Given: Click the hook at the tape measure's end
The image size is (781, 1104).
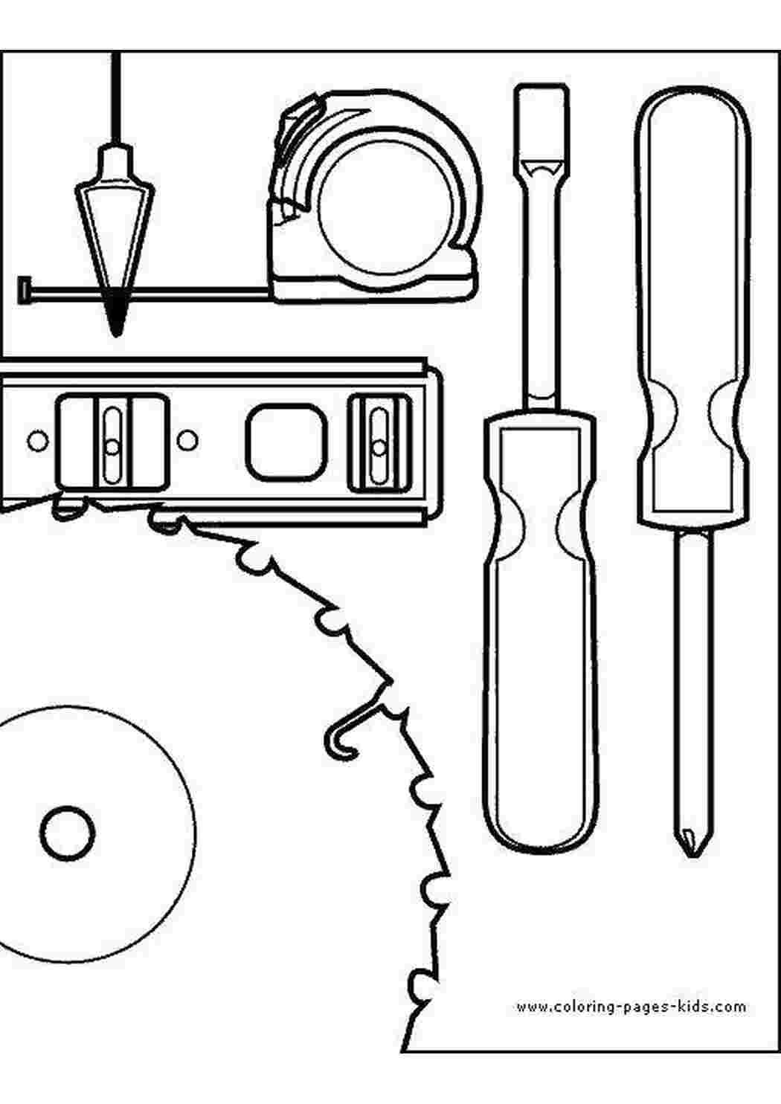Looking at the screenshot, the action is click(x=22, y=290).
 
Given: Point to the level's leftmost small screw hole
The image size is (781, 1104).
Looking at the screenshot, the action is click(x=36, y=440).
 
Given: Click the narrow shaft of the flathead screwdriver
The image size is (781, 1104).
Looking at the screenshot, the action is click(x=541, y=296).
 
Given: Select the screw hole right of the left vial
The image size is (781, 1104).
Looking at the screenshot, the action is click(x=187, y=440).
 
